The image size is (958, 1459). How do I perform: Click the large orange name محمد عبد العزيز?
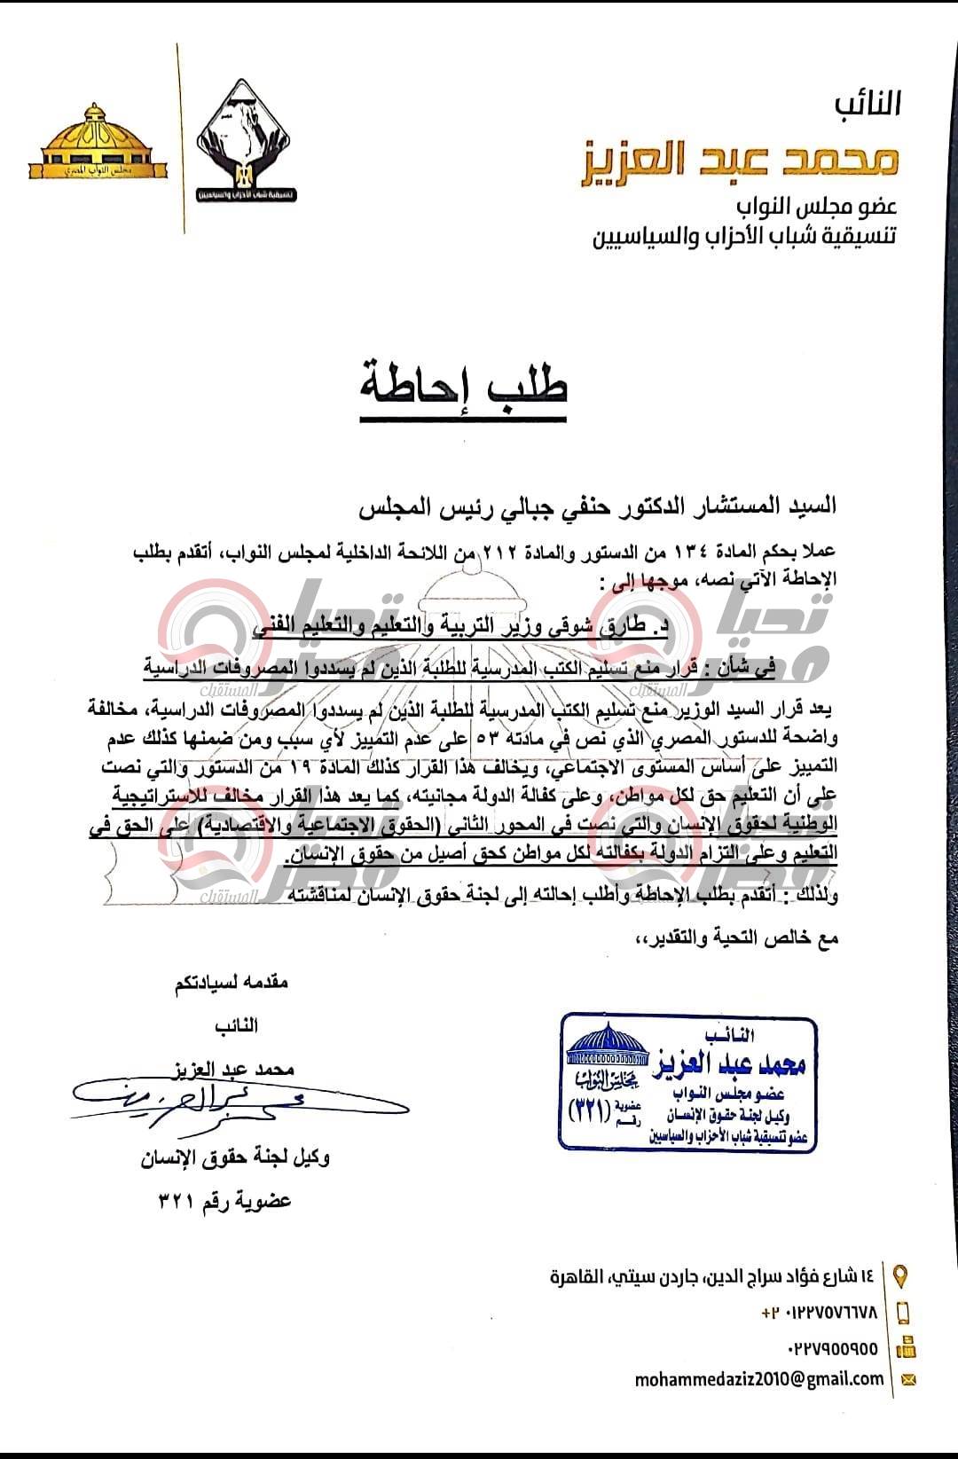tap(741, 161)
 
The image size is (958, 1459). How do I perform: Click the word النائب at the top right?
tap(867, 104)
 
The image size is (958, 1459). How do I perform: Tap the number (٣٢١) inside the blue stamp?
tap(589, 1108)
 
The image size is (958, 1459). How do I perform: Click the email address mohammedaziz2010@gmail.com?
tap(759, 1378)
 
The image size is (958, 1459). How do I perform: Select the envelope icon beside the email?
tap(907, 1379)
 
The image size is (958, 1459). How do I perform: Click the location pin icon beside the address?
tap(901, 1276)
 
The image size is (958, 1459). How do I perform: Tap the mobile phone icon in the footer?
tap(904, 1313)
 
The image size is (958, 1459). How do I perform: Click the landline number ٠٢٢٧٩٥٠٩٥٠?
tap(832, 1349)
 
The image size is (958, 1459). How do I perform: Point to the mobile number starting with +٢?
tap(819, 1313)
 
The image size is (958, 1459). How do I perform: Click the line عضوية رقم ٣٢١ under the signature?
tap(224, 1201)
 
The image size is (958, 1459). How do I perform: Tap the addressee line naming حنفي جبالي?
tap(597, 507)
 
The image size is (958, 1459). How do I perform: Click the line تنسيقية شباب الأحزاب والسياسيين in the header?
tap(744, 237)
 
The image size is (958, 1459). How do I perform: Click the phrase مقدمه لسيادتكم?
tap(232, 982)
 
